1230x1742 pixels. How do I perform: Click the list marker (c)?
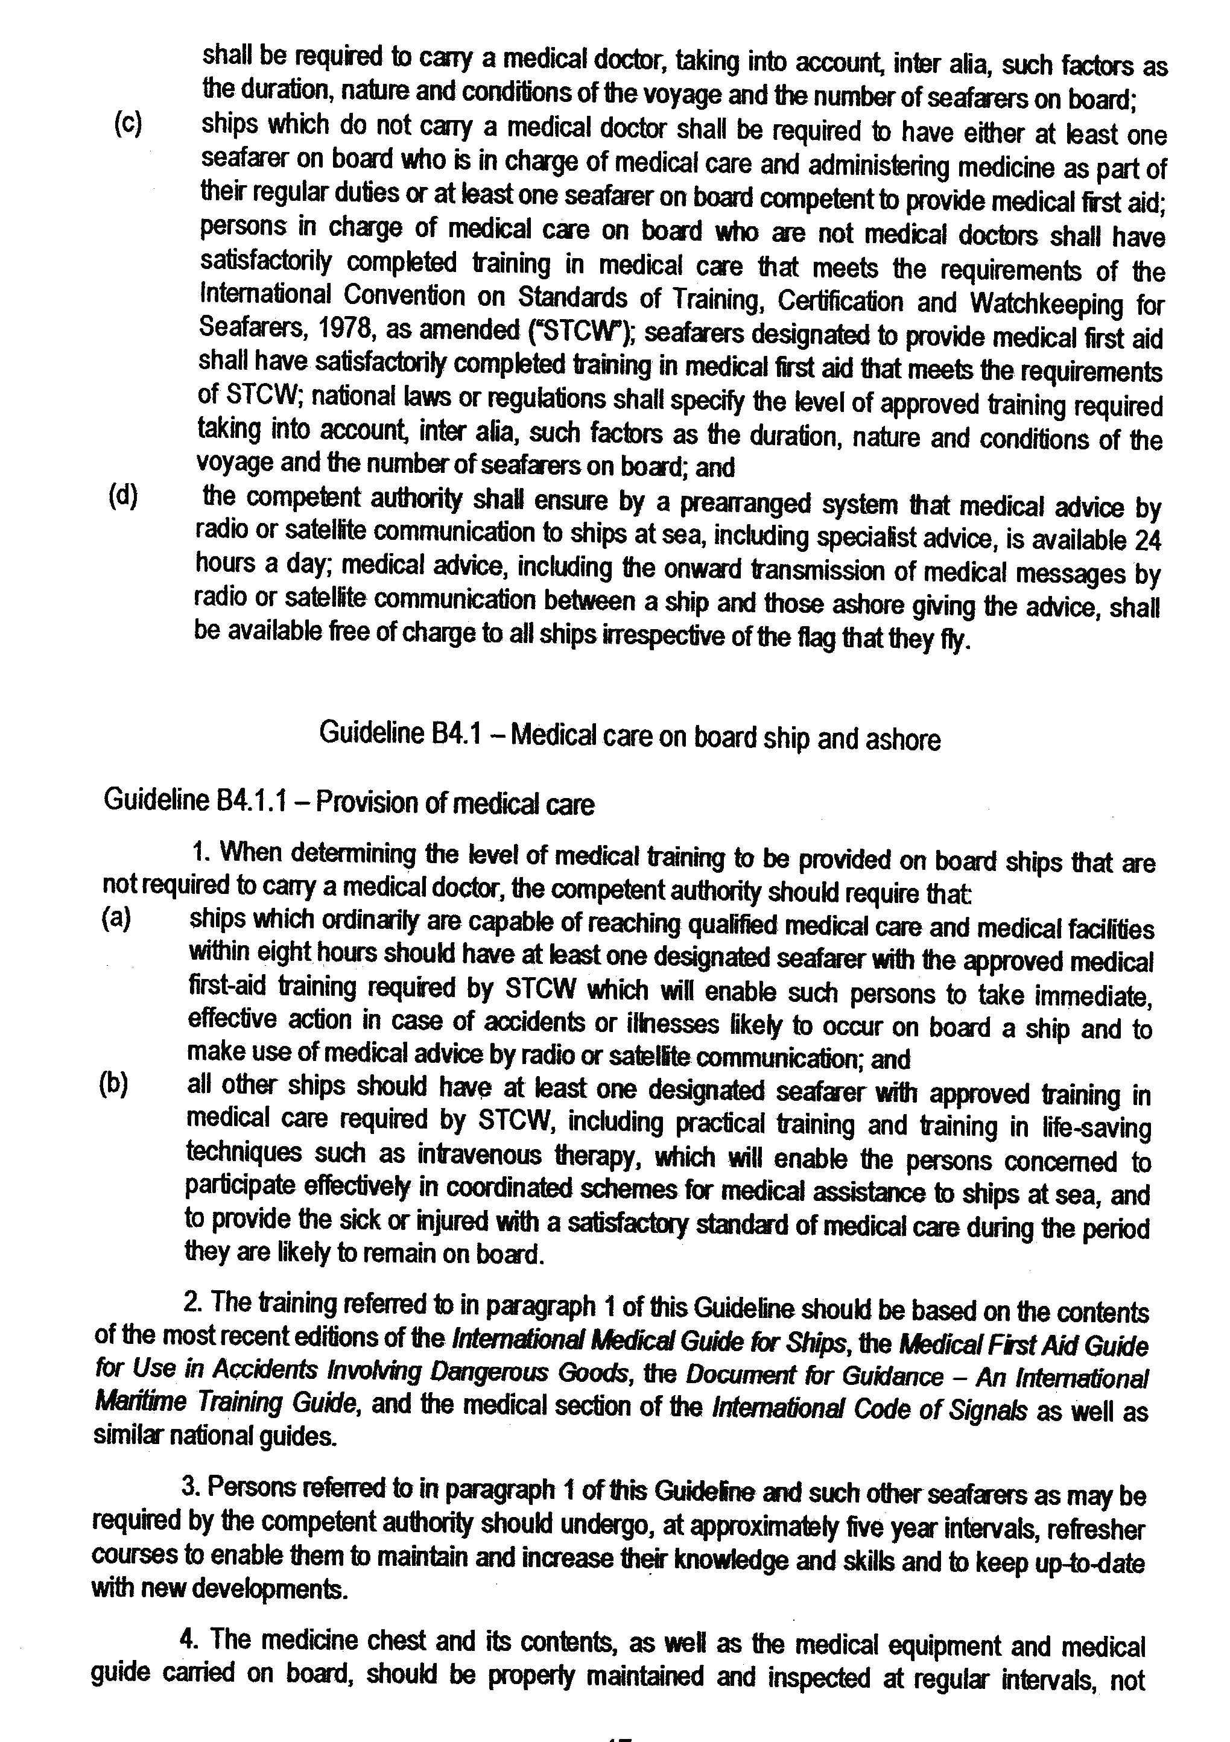point(127,123)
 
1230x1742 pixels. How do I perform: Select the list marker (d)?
point(123,496)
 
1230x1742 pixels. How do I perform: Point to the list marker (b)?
point(113,1085)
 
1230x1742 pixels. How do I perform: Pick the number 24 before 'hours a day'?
point(1147,540)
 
